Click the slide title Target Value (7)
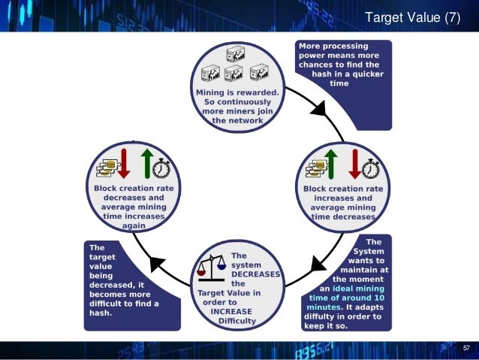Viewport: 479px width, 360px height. tap(411, 17)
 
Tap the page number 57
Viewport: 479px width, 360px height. tap(465, 348)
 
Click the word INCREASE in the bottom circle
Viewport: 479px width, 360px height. tap(231, 312)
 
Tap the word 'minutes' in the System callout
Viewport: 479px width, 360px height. tap(323, 307)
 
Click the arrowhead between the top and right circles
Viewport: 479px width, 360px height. tap(319, 108)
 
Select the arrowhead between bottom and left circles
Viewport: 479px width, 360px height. tap(156, 264)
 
